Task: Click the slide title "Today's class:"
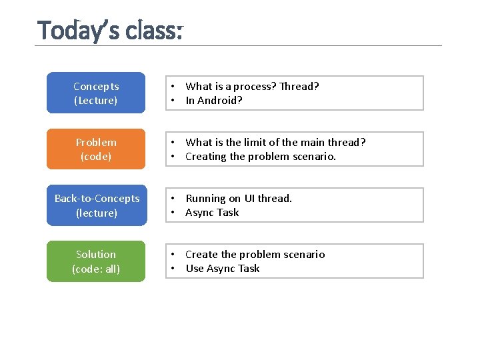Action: click(110, 31)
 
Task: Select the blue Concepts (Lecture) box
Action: click(96, 93)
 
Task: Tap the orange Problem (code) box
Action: click(96, 149)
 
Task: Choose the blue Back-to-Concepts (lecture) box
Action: click(96, 205)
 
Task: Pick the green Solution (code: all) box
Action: click(96, 261)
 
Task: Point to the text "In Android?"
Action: click(214, 100)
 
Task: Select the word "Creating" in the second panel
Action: click(206, 156)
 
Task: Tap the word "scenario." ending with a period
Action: click(313, 156)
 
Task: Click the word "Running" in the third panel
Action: click(205, 198)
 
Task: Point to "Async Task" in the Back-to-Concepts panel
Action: click(212, 212)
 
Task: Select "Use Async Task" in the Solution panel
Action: click(223, 268)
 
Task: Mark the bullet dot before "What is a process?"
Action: click(172, 86)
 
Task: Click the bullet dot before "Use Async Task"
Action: click(172, 268)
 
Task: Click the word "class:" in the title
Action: click(156, 31)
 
